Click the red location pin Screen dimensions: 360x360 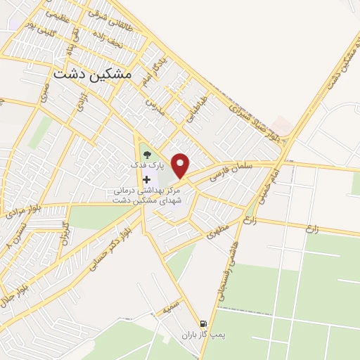(x=181, y=165)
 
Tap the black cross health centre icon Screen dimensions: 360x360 (x=147, y=179)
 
